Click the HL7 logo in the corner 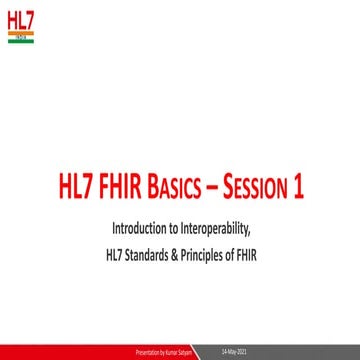19,21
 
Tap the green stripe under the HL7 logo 19,42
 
